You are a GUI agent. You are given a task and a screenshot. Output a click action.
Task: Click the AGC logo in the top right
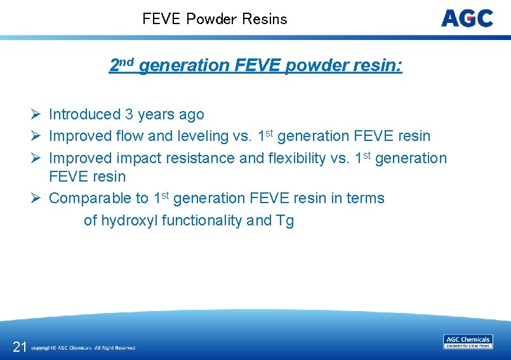(x=467, y=18)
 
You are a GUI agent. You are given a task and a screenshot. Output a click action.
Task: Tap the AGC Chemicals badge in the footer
(x=468, y=342)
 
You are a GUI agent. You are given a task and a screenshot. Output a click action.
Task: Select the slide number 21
(x=20, y=346)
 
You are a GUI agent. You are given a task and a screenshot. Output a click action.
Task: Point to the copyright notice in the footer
(x=83, y=348)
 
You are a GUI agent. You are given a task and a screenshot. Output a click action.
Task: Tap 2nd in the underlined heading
(x=121, y=65)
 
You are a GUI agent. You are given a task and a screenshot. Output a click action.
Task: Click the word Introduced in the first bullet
(x=84, y=114)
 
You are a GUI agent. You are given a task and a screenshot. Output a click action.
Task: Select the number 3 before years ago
(x=129, y=114)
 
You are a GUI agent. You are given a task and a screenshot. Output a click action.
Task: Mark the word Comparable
(x=98, y=198)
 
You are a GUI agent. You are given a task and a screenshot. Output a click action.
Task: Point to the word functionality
(x=202, y=220)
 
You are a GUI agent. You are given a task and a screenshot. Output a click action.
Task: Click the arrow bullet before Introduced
(x=36, y=114)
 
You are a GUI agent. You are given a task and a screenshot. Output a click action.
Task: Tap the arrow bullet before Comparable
(x=36, y=198)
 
